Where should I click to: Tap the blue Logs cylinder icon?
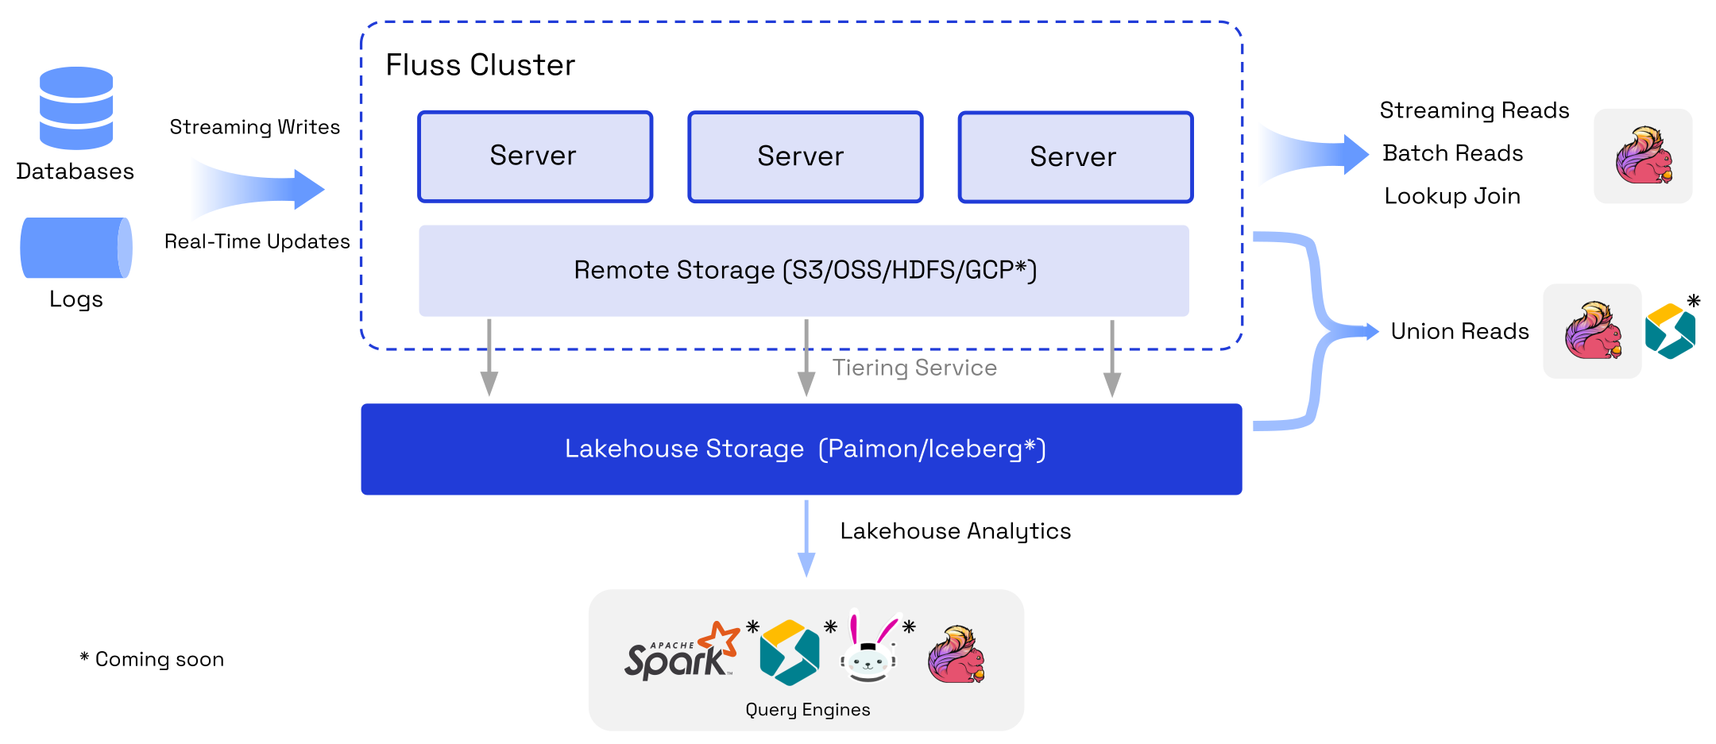coord(75,248)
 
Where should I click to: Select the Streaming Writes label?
coord(254,127)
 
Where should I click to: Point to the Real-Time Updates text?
coord(257,241)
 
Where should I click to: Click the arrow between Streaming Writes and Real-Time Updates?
coord(262,189)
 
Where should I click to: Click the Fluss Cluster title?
coord(480,65)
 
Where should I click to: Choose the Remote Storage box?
coord(804,271)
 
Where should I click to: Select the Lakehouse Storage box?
coord(801,449)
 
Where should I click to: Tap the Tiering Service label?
coord(914,368)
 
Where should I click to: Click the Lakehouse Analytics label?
coord(955,531)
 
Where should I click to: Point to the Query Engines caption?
coord(807,710)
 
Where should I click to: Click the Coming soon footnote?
coord(152,660)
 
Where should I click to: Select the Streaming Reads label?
coord(1474,110)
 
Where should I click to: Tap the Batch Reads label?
coord(1452,153)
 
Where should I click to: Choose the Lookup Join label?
coord(1451,196)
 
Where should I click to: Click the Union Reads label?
coord(1459,331)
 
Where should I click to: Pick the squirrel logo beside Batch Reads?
coord(1643,156)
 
